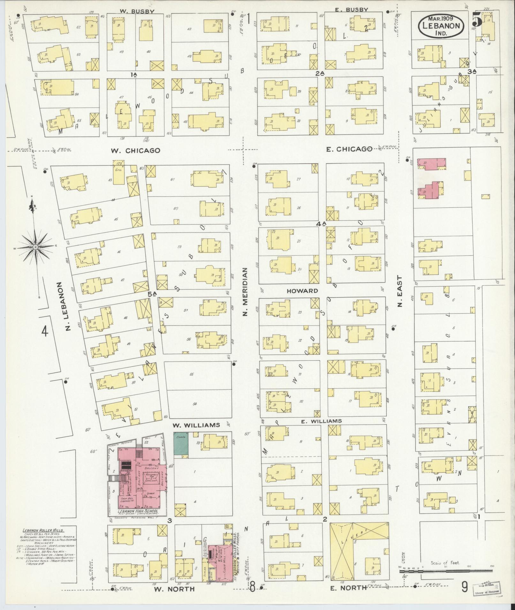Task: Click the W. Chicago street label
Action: click(x=135, y=151)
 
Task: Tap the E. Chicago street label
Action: click(x=350, y=149)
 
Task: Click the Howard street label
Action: click(x=302, y=291)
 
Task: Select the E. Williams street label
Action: click(x=322, y=421)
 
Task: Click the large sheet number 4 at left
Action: click(x=45, y=332)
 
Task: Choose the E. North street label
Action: click(x=348, y=588)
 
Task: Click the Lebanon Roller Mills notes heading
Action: click(x=43, y=530)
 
